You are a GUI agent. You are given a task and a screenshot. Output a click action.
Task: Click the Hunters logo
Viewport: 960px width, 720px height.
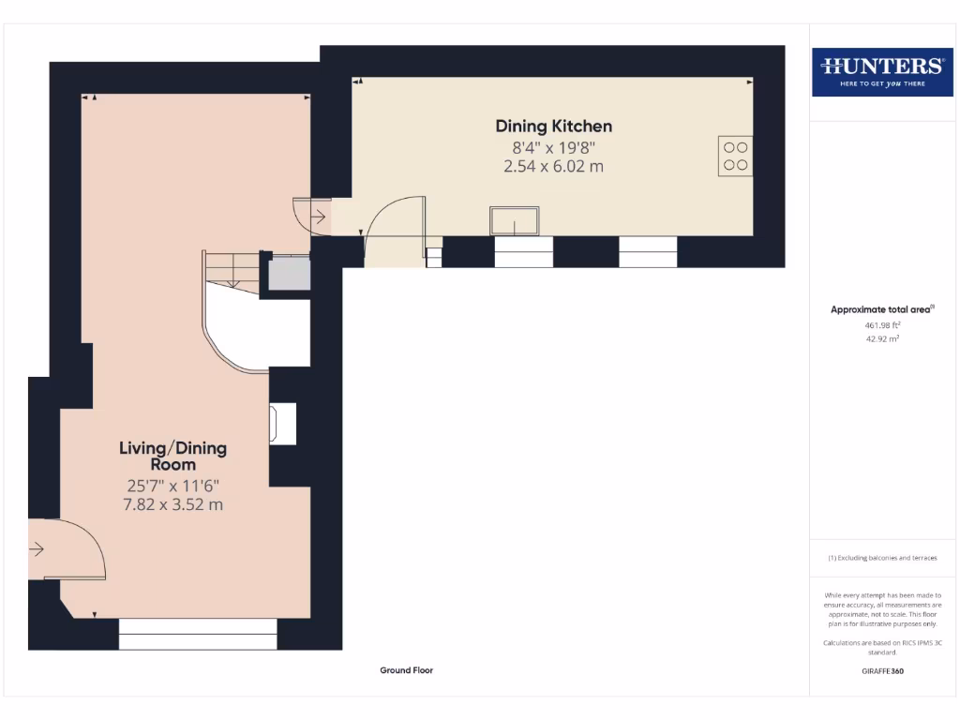tap(881, 71)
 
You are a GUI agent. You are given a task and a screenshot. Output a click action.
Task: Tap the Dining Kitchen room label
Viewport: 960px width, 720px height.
tap(553, 126)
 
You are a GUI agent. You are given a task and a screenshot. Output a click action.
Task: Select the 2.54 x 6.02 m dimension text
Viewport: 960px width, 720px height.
tap(553, 166)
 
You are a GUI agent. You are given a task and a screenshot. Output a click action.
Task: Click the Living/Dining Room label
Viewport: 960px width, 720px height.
tap(172, 456)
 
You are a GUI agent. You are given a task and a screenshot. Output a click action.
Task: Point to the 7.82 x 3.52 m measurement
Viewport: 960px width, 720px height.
tap(172, 504)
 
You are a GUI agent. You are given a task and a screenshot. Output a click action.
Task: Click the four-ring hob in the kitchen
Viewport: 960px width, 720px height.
tap(735, 156)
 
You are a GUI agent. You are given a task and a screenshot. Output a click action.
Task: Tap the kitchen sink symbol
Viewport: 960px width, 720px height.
tap(514, 221)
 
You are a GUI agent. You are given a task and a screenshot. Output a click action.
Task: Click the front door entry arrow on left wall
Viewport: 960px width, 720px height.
tap(37, 549)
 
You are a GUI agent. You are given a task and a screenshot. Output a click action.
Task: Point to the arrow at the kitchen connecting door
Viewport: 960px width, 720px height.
tap(318, 217)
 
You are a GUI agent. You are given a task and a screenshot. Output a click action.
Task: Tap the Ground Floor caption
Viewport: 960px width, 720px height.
tap(406, 670)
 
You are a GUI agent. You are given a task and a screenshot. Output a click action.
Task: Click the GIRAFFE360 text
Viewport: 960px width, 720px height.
tap(881, 671)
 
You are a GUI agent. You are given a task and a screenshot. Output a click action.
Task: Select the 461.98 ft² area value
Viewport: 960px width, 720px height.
tap(881, 325)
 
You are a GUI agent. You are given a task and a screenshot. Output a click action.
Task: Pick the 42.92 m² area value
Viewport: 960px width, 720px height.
tap(881, 338)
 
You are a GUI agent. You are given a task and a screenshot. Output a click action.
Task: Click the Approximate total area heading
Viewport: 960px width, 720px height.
tap(881, 309)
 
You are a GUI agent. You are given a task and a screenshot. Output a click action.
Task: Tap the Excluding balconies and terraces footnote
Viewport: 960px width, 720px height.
tap(881, 558)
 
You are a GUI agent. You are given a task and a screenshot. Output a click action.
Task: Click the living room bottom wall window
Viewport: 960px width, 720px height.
tap(198, 635)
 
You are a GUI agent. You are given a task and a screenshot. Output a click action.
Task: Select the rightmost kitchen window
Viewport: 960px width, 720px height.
tap(648, 252)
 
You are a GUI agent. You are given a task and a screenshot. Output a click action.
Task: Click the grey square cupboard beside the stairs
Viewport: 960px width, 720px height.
tap(289, 273)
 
